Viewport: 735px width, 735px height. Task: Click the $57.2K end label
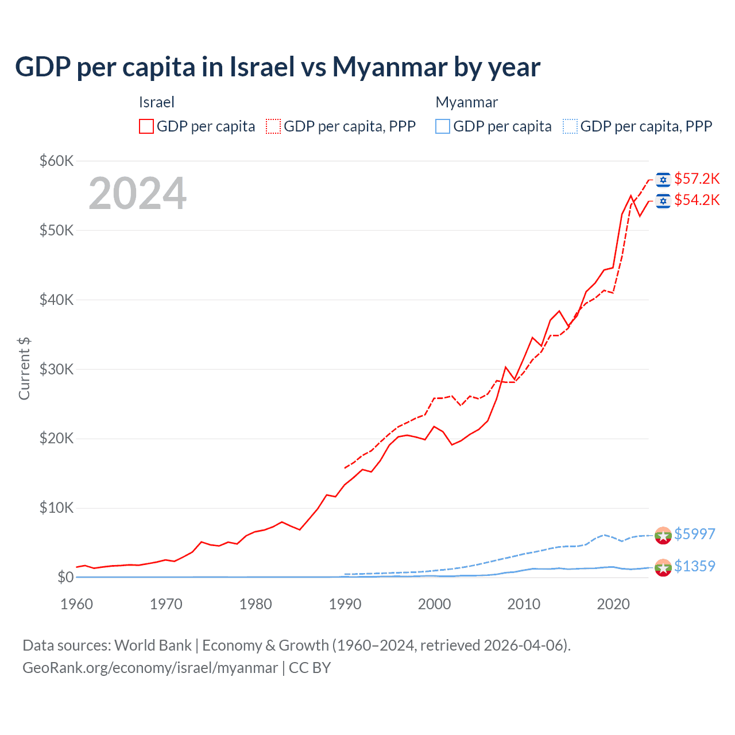coord(697,179)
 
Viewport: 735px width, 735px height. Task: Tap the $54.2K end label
coord(697,200)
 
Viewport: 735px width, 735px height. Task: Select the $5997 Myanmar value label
coord(694,534)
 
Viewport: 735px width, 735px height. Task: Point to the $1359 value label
coord(694,566)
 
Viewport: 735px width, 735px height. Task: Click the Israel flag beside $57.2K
coord(663,180)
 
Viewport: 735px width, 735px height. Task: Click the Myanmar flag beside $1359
coord(663,567)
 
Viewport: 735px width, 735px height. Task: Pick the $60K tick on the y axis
coord(56,161)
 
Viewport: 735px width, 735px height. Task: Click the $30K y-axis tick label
coord(56,369)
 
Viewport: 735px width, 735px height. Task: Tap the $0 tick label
coord(65,577)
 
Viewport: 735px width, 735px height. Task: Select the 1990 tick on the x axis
coord(345,604)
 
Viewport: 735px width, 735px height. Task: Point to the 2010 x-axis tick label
coord(524,604)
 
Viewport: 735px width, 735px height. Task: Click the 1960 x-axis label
coord(76,604)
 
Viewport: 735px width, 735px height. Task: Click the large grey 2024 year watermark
coord(137,194)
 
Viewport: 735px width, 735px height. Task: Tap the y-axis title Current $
coord(24,369)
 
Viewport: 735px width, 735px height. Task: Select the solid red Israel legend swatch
coord(146,126)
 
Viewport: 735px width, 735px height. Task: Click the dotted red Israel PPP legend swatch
coord(273,126)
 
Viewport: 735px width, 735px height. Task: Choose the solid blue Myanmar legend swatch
coord(443,126)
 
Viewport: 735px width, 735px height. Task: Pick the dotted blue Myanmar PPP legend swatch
coord(570,126)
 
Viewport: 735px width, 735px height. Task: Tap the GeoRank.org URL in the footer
coord(150,668)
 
